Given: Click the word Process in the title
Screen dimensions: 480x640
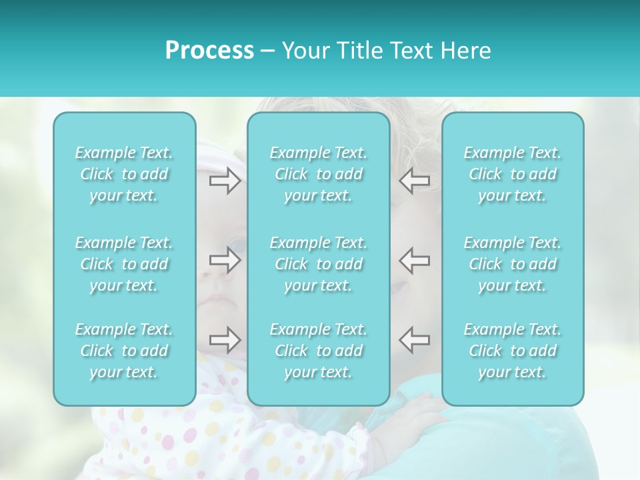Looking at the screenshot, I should [209, 51].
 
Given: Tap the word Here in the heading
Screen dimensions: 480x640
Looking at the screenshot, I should [466, 51].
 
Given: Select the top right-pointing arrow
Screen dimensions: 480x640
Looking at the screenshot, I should [225, 181].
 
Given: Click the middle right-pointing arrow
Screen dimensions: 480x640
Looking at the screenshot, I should [225, 260].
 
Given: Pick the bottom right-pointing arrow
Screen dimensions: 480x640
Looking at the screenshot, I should [225, 339].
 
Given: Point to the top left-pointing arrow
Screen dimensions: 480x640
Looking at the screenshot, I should [415, 181].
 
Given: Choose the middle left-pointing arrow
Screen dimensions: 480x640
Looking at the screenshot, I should [415, 260].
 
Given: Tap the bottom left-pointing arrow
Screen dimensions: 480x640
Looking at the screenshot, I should [415, 339].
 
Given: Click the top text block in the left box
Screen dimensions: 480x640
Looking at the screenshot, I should [124, 174].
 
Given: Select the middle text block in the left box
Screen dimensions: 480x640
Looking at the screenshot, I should [124, 264].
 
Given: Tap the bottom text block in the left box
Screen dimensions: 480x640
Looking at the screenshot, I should [124, 351].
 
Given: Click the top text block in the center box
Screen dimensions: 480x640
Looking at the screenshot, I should [319, 174].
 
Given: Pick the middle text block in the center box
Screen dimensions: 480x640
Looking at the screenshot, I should [319, 264].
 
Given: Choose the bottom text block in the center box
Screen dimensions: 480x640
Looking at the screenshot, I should [319, 351].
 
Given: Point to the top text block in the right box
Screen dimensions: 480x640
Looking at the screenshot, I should [513, 174].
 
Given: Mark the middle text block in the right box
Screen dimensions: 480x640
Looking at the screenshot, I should [513, 264].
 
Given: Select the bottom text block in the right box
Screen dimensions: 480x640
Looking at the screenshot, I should [513, 351].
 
